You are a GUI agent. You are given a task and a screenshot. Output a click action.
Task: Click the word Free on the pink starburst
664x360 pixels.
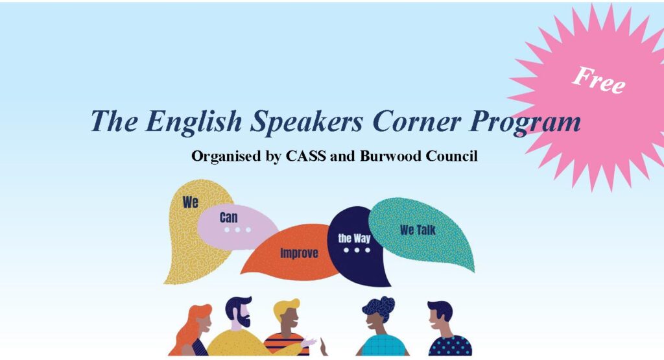pos(599,80)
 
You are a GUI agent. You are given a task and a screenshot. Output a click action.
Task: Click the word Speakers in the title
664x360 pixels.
pos(307,122)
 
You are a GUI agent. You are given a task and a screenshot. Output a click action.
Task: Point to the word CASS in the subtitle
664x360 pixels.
pos(306,156)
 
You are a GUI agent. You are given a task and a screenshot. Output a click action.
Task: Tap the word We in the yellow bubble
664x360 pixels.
pos(190,202)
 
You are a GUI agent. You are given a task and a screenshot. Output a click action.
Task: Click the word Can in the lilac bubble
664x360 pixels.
pos(229,217)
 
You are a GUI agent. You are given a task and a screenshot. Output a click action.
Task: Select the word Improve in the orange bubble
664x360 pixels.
pos(299,253)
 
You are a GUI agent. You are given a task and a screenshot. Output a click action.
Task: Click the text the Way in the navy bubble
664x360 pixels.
pos(354,238)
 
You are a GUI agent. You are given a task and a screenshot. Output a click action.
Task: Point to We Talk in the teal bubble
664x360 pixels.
pos(418,230)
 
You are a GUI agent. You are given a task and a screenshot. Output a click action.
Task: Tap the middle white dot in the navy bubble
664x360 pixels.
pos(357,250)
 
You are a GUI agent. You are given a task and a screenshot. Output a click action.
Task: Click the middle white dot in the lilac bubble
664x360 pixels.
pos(237,230)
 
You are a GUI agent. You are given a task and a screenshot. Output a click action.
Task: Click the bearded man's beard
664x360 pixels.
pos(244,320)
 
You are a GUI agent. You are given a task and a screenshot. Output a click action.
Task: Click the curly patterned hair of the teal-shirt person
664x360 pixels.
pos(378,307)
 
